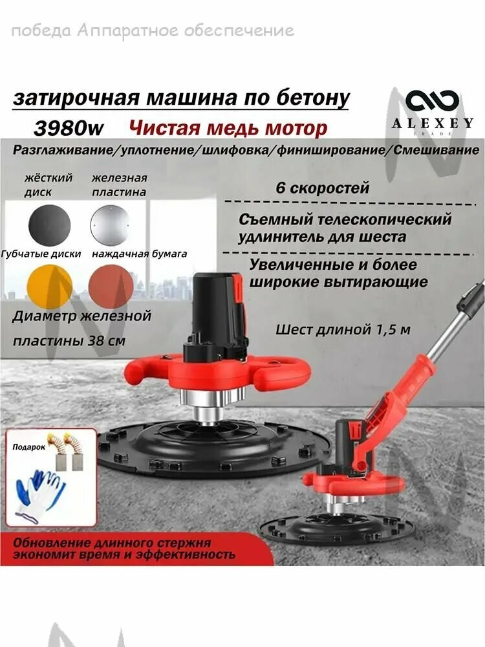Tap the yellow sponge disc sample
(49, 286)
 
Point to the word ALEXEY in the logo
(432, 123)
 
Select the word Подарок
(26, 446)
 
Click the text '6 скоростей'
(322, 188)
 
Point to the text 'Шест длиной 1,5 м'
(343, 329)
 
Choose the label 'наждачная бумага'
(139, 254)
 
